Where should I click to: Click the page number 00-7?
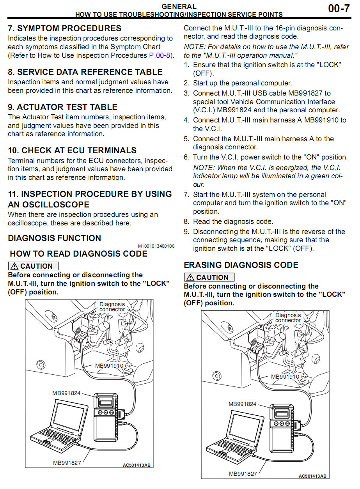(x=339, y=8)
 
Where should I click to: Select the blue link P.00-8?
(x=160, y=55)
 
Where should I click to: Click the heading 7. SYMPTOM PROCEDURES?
(x=64, y=28)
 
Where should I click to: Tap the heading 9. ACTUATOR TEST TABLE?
(x=62, y=107)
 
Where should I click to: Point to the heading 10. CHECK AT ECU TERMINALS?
(x=72, y=151)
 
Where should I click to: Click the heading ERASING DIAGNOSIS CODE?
(x=241, y=265)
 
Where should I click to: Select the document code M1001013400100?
(x=156, y=246)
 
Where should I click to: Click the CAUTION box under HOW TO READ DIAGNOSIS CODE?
(x=33, y=266)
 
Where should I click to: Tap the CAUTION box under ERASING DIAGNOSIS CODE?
(x=209, y=278)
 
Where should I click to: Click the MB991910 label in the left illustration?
(x=109, y=366)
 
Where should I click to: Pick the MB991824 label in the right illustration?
(x=242, y=404)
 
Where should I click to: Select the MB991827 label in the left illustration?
(x=67, y=462)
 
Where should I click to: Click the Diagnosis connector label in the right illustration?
(x=288, y=317)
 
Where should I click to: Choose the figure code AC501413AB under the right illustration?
(x=312, y=476)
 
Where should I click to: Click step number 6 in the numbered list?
(x=186, y=158)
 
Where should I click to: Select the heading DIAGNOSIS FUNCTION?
(x=54, y=238)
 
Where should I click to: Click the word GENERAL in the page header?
(x=179, y=7)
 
